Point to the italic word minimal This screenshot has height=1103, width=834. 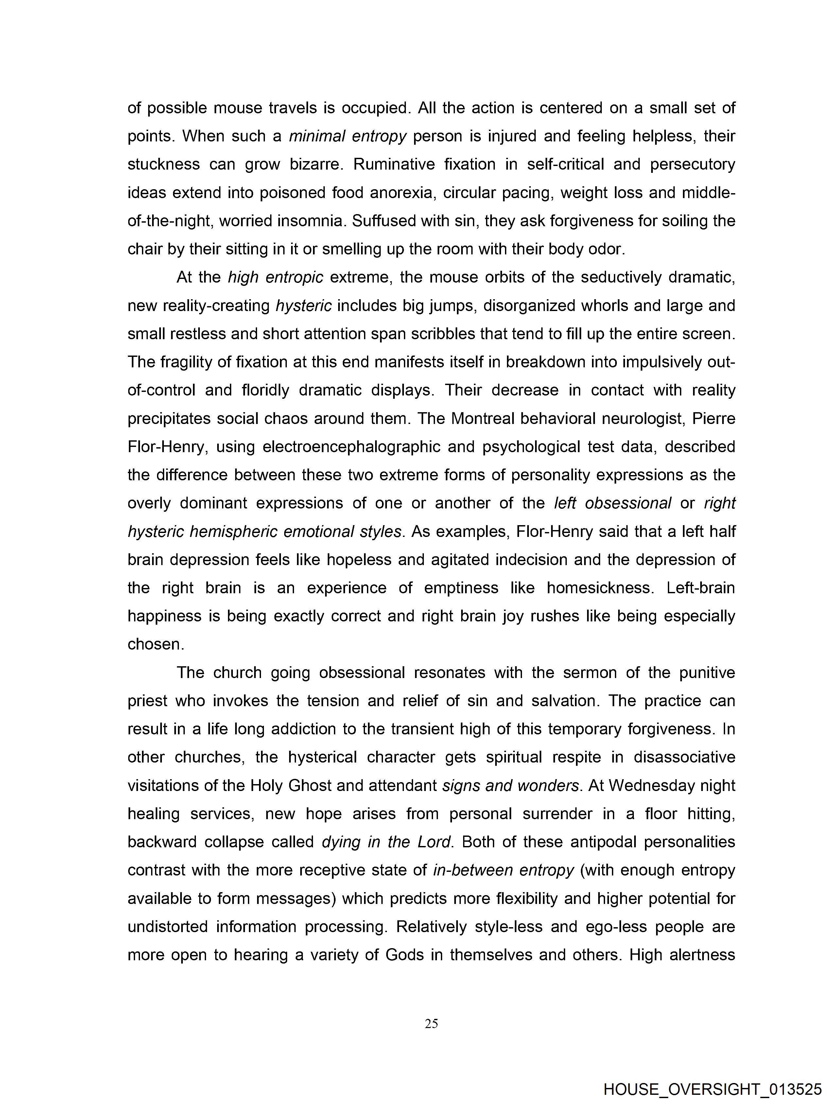[x=317, y=136]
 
